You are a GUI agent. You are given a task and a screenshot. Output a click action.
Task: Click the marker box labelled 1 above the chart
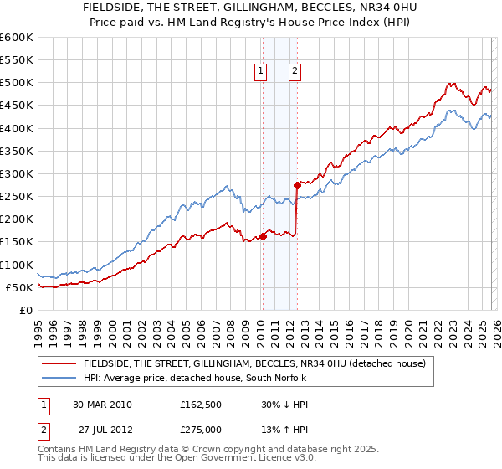coord(262,72)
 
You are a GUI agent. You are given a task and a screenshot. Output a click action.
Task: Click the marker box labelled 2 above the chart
coord(296,72)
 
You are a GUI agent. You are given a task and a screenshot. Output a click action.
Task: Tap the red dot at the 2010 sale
coord(263,236)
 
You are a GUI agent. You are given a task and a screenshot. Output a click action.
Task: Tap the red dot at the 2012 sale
coord(297,185)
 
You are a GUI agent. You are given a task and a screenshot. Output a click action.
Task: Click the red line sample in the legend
coord(59,363)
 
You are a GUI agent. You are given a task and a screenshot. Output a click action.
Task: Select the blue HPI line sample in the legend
coord(59,379)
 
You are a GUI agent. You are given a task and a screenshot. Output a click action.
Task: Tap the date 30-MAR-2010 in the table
coord(101,404)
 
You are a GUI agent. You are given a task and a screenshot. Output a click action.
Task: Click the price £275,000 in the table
coord(202,429)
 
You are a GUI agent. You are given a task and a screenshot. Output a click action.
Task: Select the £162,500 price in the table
coord(202,404)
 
